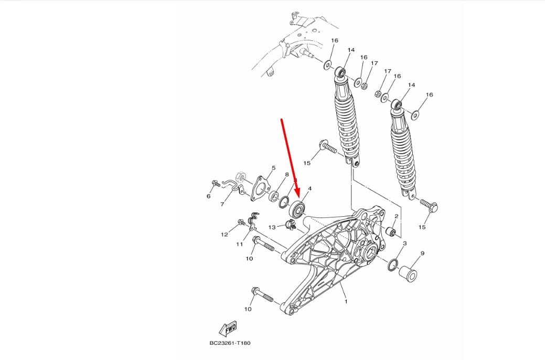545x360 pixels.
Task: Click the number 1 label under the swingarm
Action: click(x=346, y=302)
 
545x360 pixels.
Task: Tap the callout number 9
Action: click(x=422, y=253)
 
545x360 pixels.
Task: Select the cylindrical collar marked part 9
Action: click(x=409, y=273)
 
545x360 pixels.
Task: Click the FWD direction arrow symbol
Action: click(x=229, y=328)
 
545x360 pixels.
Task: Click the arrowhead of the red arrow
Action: click(x=297, y=202)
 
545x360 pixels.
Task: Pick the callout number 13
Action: click(x=272, y=227)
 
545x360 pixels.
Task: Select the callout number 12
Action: click(x=225, y=235)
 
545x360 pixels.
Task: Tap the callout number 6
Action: click(x=208, y=196)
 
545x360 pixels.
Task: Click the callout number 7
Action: click(x=222, y=204)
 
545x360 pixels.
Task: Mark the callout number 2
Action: click(x=396, y=216)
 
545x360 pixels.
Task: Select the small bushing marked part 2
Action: click(x=391, y=232)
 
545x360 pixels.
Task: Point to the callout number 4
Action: click(x=309, y=188)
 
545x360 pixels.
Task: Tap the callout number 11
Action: click(x=239, y=245)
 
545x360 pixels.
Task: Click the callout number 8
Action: click(x=287, y=174)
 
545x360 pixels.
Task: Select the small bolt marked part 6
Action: click(x=216, y=183)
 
